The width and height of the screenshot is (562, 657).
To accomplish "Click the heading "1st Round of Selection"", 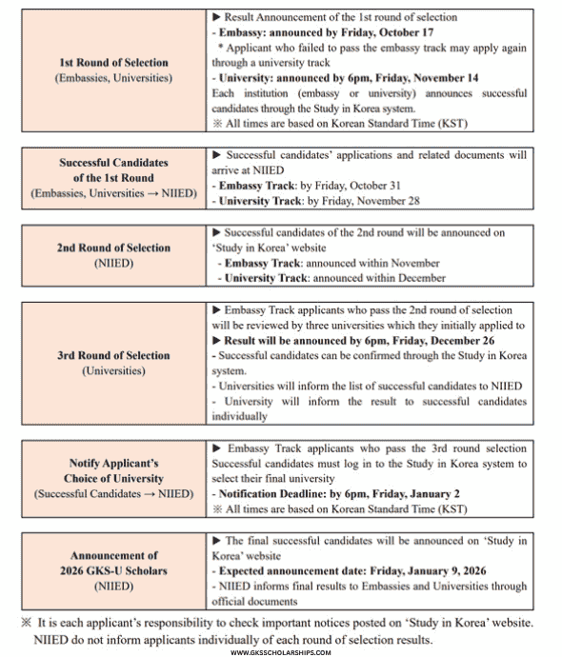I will click(x=112, y=63).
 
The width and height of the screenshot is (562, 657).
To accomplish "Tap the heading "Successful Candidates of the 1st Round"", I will click(x=112, y=169).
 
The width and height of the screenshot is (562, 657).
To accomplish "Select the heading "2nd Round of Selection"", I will click(x=112, y=248).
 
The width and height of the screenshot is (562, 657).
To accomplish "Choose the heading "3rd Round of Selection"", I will click(x=112, y=355).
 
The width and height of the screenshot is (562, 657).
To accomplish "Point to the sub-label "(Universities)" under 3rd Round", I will click(x=112, y=370).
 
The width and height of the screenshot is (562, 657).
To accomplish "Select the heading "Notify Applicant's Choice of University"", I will click(x=112, y=470).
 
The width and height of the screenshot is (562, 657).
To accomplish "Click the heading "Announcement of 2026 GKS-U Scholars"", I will click(x=112, y=562).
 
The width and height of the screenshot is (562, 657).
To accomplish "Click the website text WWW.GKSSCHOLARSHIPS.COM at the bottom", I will click(x=281, y=652).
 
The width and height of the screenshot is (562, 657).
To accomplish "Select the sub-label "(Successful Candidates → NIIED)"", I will click(x=112, y=493).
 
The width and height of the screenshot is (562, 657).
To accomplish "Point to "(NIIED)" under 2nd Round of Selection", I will click(x=112, y=264).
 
